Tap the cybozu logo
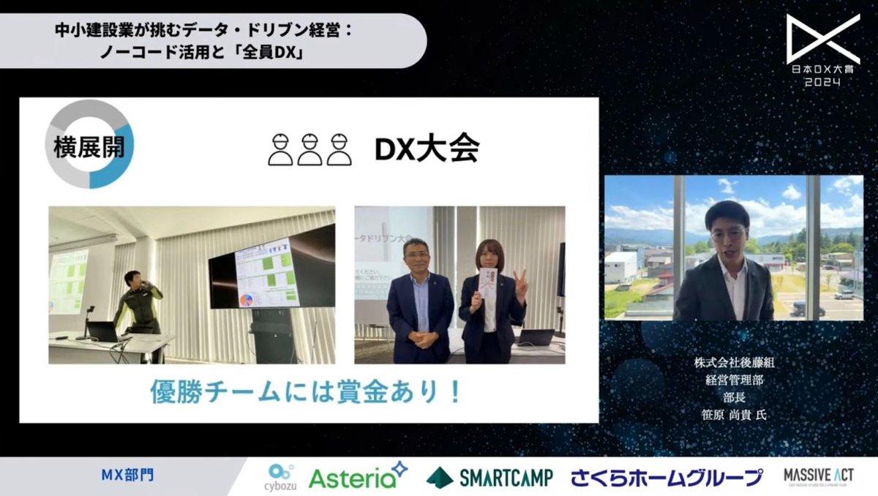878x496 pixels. (282, 477)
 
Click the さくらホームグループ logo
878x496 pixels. (667, 478)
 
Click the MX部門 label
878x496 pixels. (127, 476)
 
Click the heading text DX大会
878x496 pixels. (427, 149)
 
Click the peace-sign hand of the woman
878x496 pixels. (520, 282)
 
